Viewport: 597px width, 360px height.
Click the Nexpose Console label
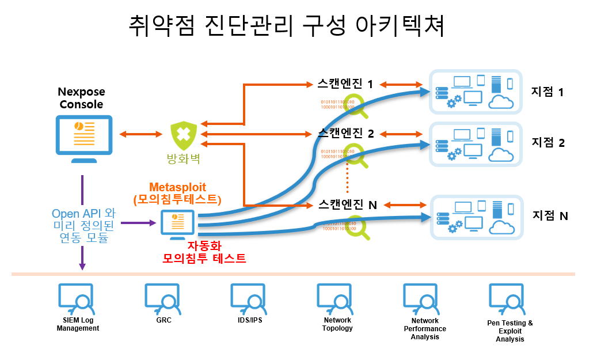coord(81,98)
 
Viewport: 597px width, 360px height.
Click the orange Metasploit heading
coord(177,187)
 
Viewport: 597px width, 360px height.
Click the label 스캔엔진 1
coord(345,84)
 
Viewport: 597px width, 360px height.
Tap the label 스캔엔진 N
coord(347,204)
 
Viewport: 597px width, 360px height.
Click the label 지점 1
coord(547,92)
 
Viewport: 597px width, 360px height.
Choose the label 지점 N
coord(550,215)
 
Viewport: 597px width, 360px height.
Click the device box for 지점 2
coord(476,144)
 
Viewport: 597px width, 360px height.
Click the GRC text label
coord(163,320)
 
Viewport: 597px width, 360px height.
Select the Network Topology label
coord(337,324)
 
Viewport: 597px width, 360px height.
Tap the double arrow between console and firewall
coord(140,135)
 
